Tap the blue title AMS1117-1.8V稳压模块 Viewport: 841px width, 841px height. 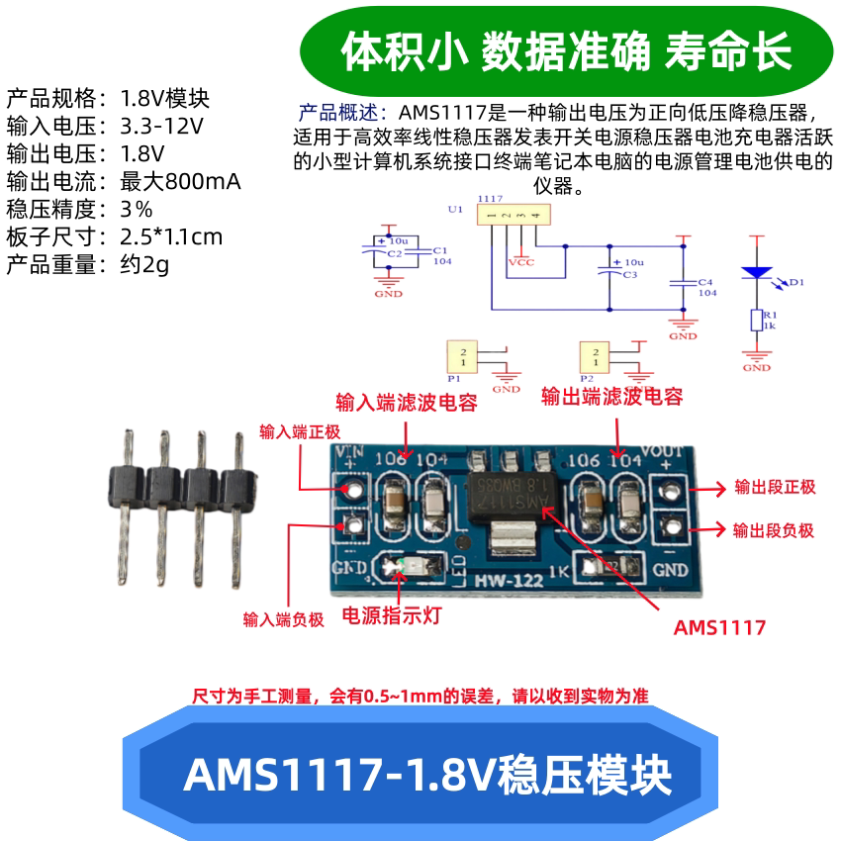[x=427, y=775]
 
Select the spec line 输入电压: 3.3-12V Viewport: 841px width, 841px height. [x=105, y=127]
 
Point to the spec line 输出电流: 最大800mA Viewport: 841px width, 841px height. [x=124, y=182]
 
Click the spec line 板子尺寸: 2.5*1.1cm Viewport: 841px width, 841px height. [x=115, y=237]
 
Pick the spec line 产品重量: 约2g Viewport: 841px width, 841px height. [x=89, y=265]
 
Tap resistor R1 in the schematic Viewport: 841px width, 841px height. [x=757, y=320]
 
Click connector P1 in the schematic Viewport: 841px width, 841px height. [x=462, y=355]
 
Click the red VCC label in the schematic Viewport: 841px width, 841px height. [x=520, y=263]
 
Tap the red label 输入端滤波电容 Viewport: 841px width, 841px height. [x=407, y=403]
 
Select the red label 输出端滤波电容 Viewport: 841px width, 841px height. [x=612, y=397]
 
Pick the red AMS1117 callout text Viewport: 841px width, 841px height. [x=719, y=627]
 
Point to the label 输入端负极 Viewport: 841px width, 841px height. [x=284, y=620]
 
